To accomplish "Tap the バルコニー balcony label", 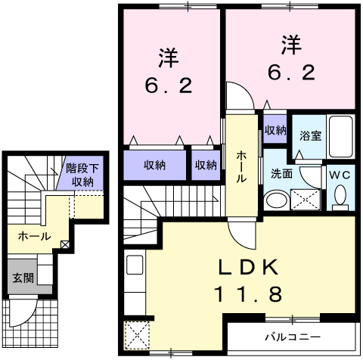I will click(291, 335).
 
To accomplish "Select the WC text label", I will click(339, 173).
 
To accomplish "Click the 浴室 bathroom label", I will click(310, 136).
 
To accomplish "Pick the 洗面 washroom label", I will click(282, 173).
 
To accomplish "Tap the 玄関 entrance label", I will click(22, 278).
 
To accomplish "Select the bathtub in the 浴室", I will click(342, 136).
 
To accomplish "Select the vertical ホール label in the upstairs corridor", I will click(240, 165).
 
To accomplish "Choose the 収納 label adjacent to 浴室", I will click(275, 130).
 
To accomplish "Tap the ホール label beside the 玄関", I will click(35, 236).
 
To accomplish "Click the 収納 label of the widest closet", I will click(155, 164).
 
